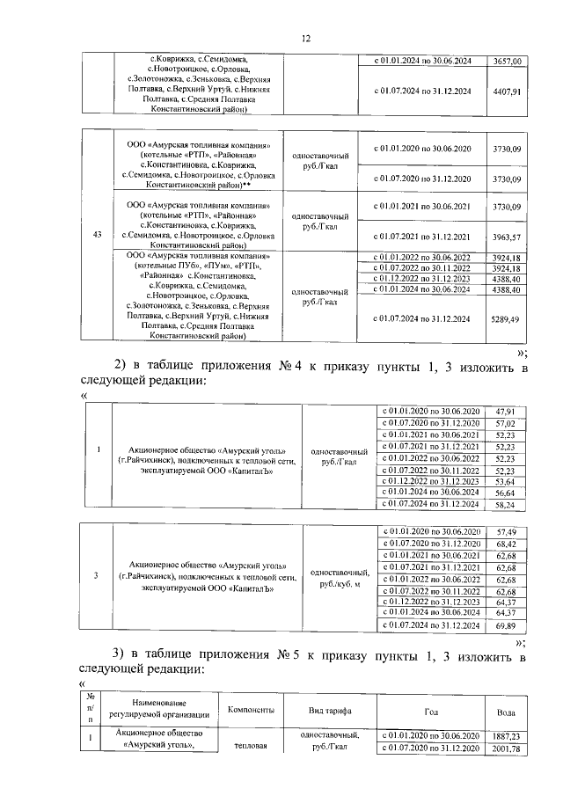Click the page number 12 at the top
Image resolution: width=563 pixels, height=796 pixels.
click(x=306, y=38)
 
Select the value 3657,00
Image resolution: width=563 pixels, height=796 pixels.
click(x=508, y=61)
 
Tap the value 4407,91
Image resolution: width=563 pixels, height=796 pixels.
click(x=508, y=91)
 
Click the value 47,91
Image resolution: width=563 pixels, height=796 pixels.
click(x=505, y=411)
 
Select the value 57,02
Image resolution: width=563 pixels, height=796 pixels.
click(x=505, y=423)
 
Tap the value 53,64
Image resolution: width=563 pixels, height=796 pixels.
click(x=505, y=482)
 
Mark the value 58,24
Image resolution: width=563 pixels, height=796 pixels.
click(x=505, y=506)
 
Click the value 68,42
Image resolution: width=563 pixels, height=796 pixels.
click(x=505, y=544)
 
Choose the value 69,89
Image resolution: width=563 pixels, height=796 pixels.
click(x=505, y=624)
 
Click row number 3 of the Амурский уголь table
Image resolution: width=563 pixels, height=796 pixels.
click(x=97, y=576)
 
